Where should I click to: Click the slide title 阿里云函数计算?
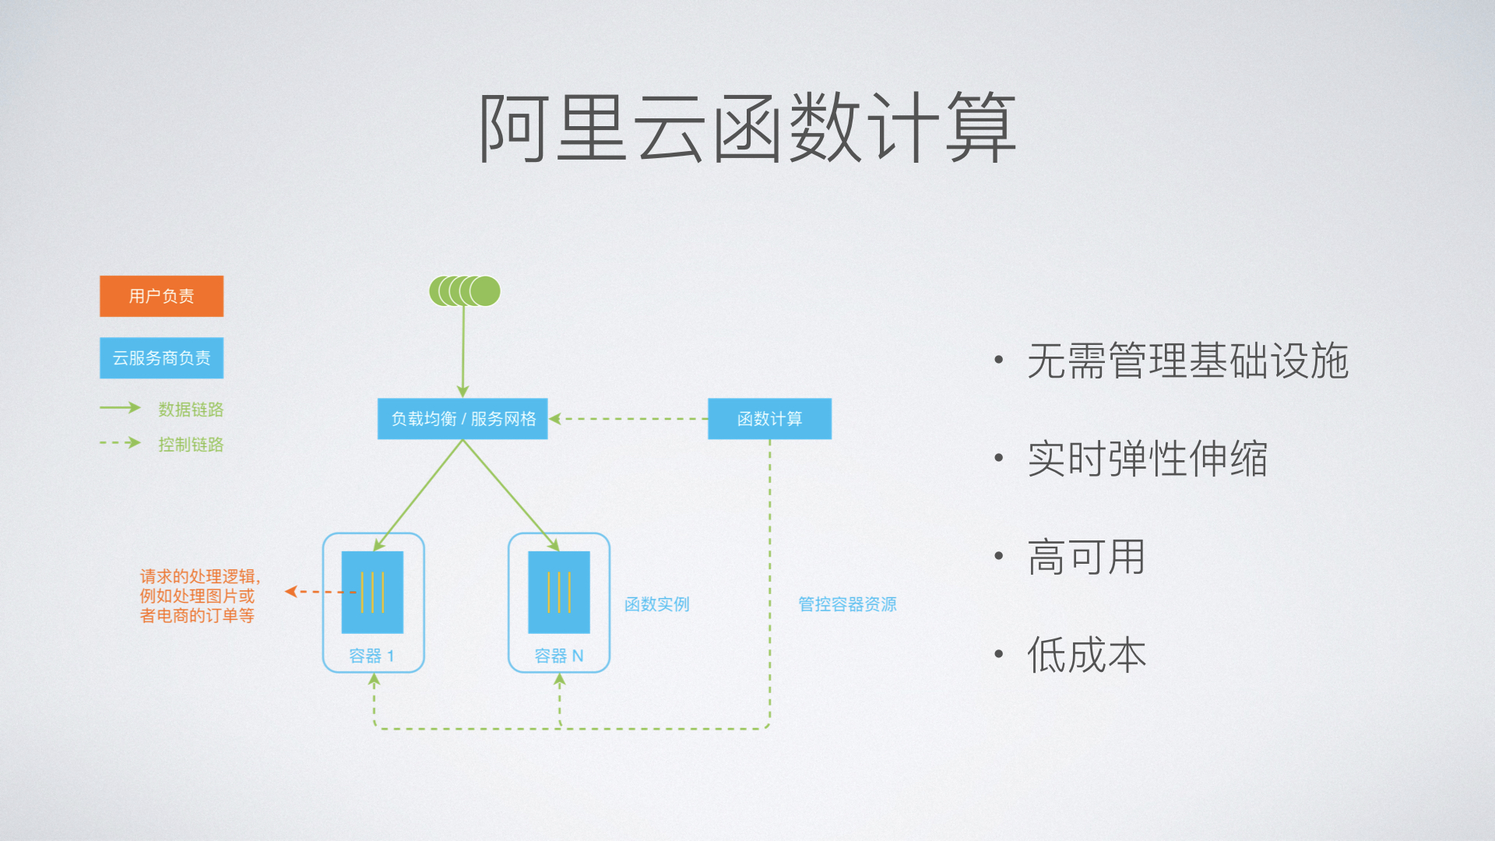pos(747,128)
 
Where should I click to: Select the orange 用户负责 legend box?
pos(161,296)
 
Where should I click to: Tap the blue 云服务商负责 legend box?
pos(161,358)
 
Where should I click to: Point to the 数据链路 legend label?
pos(191,410)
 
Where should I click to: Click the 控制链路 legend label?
pos(191,445)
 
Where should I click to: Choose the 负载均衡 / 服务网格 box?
pos(463,419)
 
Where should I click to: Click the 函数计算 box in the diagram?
pos(769,419)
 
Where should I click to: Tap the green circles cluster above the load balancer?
pos(465,291)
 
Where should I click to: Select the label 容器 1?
pos(371,656)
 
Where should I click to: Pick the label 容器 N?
pos(558,656)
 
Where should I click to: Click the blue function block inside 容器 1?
pos(372,592)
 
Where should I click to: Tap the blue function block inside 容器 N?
pos(559,592)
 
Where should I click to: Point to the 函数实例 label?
pos(656,604)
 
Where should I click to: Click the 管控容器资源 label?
pos(847,604)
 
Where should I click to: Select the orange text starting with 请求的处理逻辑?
pos(199,596)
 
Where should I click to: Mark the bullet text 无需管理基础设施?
pos(1187,361)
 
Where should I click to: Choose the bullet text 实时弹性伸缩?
pos(1147,459)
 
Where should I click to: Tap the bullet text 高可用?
pos(1086,558)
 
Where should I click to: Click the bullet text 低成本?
pos(1086,655)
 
